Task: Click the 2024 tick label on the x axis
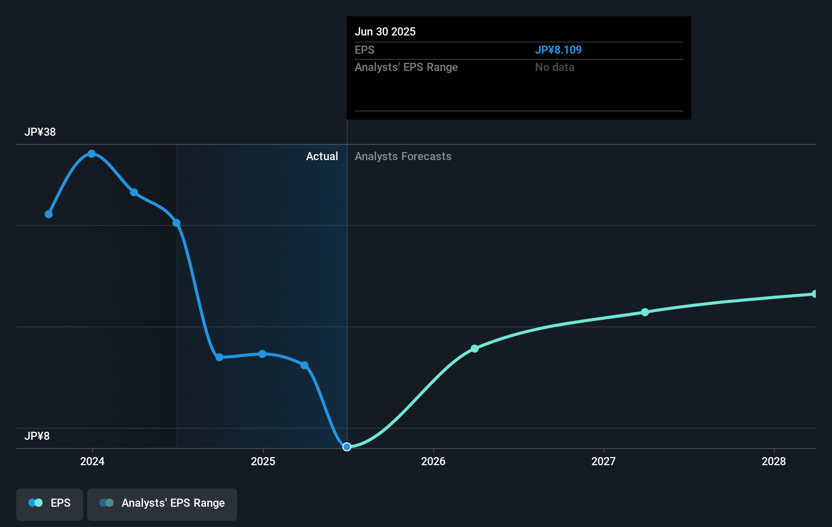pyautogui.click(x=92, y=461)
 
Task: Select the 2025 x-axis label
pyautogui.click(x=263, y=461)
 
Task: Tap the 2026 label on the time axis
pyautogui.click(x=433, y=461)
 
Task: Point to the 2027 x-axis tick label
pyautogui.click(x=603, y=461)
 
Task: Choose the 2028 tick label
pyautogui.click(x=774, y=461)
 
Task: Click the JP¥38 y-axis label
pyautogui.click(x=40, y=132)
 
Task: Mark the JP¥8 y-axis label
pyautogui.click(x=37, y=436)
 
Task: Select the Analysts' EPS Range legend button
pyautogui.click(x=162, y=503)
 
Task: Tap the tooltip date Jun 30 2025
pyautogui.click(x=385, y=32)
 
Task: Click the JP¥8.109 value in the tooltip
pyautogui.click(x=558, y=50)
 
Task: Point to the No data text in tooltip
pyautogui.click(x=555, y=67)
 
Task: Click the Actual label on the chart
pyautogui.click(x=322, y=157)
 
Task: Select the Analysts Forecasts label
pyautogui.click(x=403, y=157)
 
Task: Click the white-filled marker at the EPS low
pyautogui.click(x=347, y=446)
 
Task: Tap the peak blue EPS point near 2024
pyautogui.click(x=92, y=154)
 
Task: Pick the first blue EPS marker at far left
pyautogui.click(x=49, y=214)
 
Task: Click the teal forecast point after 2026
pyautogui.click(x=475, y=349)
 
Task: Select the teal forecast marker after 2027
pyautogui.click(x=645, y=312)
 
